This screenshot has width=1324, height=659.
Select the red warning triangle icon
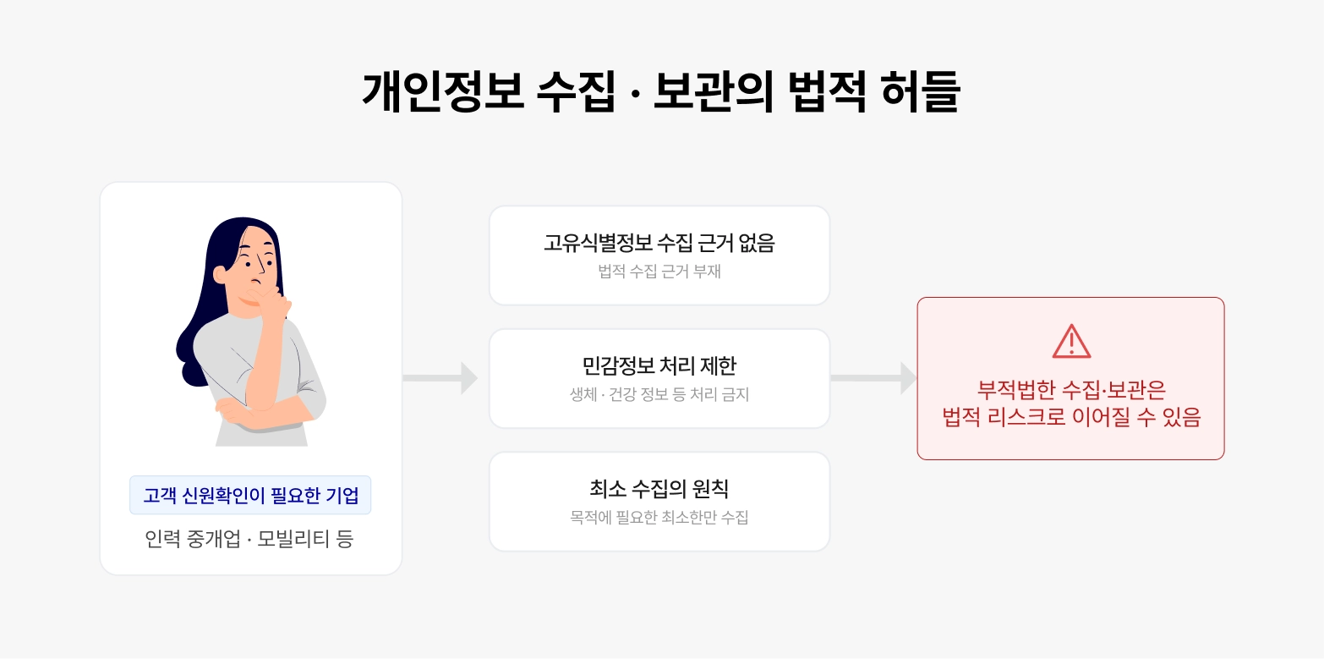coord(1071,341)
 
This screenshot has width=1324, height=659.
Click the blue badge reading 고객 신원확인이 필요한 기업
coord(250,495)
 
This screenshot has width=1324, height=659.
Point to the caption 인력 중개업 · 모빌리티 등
coord(249,539)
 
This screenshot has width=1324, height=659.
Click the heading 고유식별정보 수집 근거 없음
coord(659,244)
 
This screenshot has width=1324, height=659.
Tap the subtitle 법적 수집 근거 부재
coord(659,272)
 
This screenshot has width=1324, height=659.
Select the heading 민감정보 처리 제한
coord(659,366)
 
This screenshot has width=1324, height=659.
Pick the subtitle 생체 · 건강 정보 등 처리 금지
coord(659,395)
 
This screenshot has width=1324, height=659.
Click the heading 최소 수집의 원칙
coord(659,489)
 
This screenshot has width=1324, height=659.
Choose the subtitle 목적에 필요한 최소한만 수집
coord(659,518)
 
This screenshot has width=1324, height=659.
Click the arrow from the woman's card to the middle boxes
coord(440,377)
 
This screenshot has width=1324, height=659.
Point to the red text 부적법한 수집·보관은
coord(1071,390)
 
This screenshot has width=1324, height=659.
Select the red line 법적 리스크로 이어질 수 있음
coord(1071,417)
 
